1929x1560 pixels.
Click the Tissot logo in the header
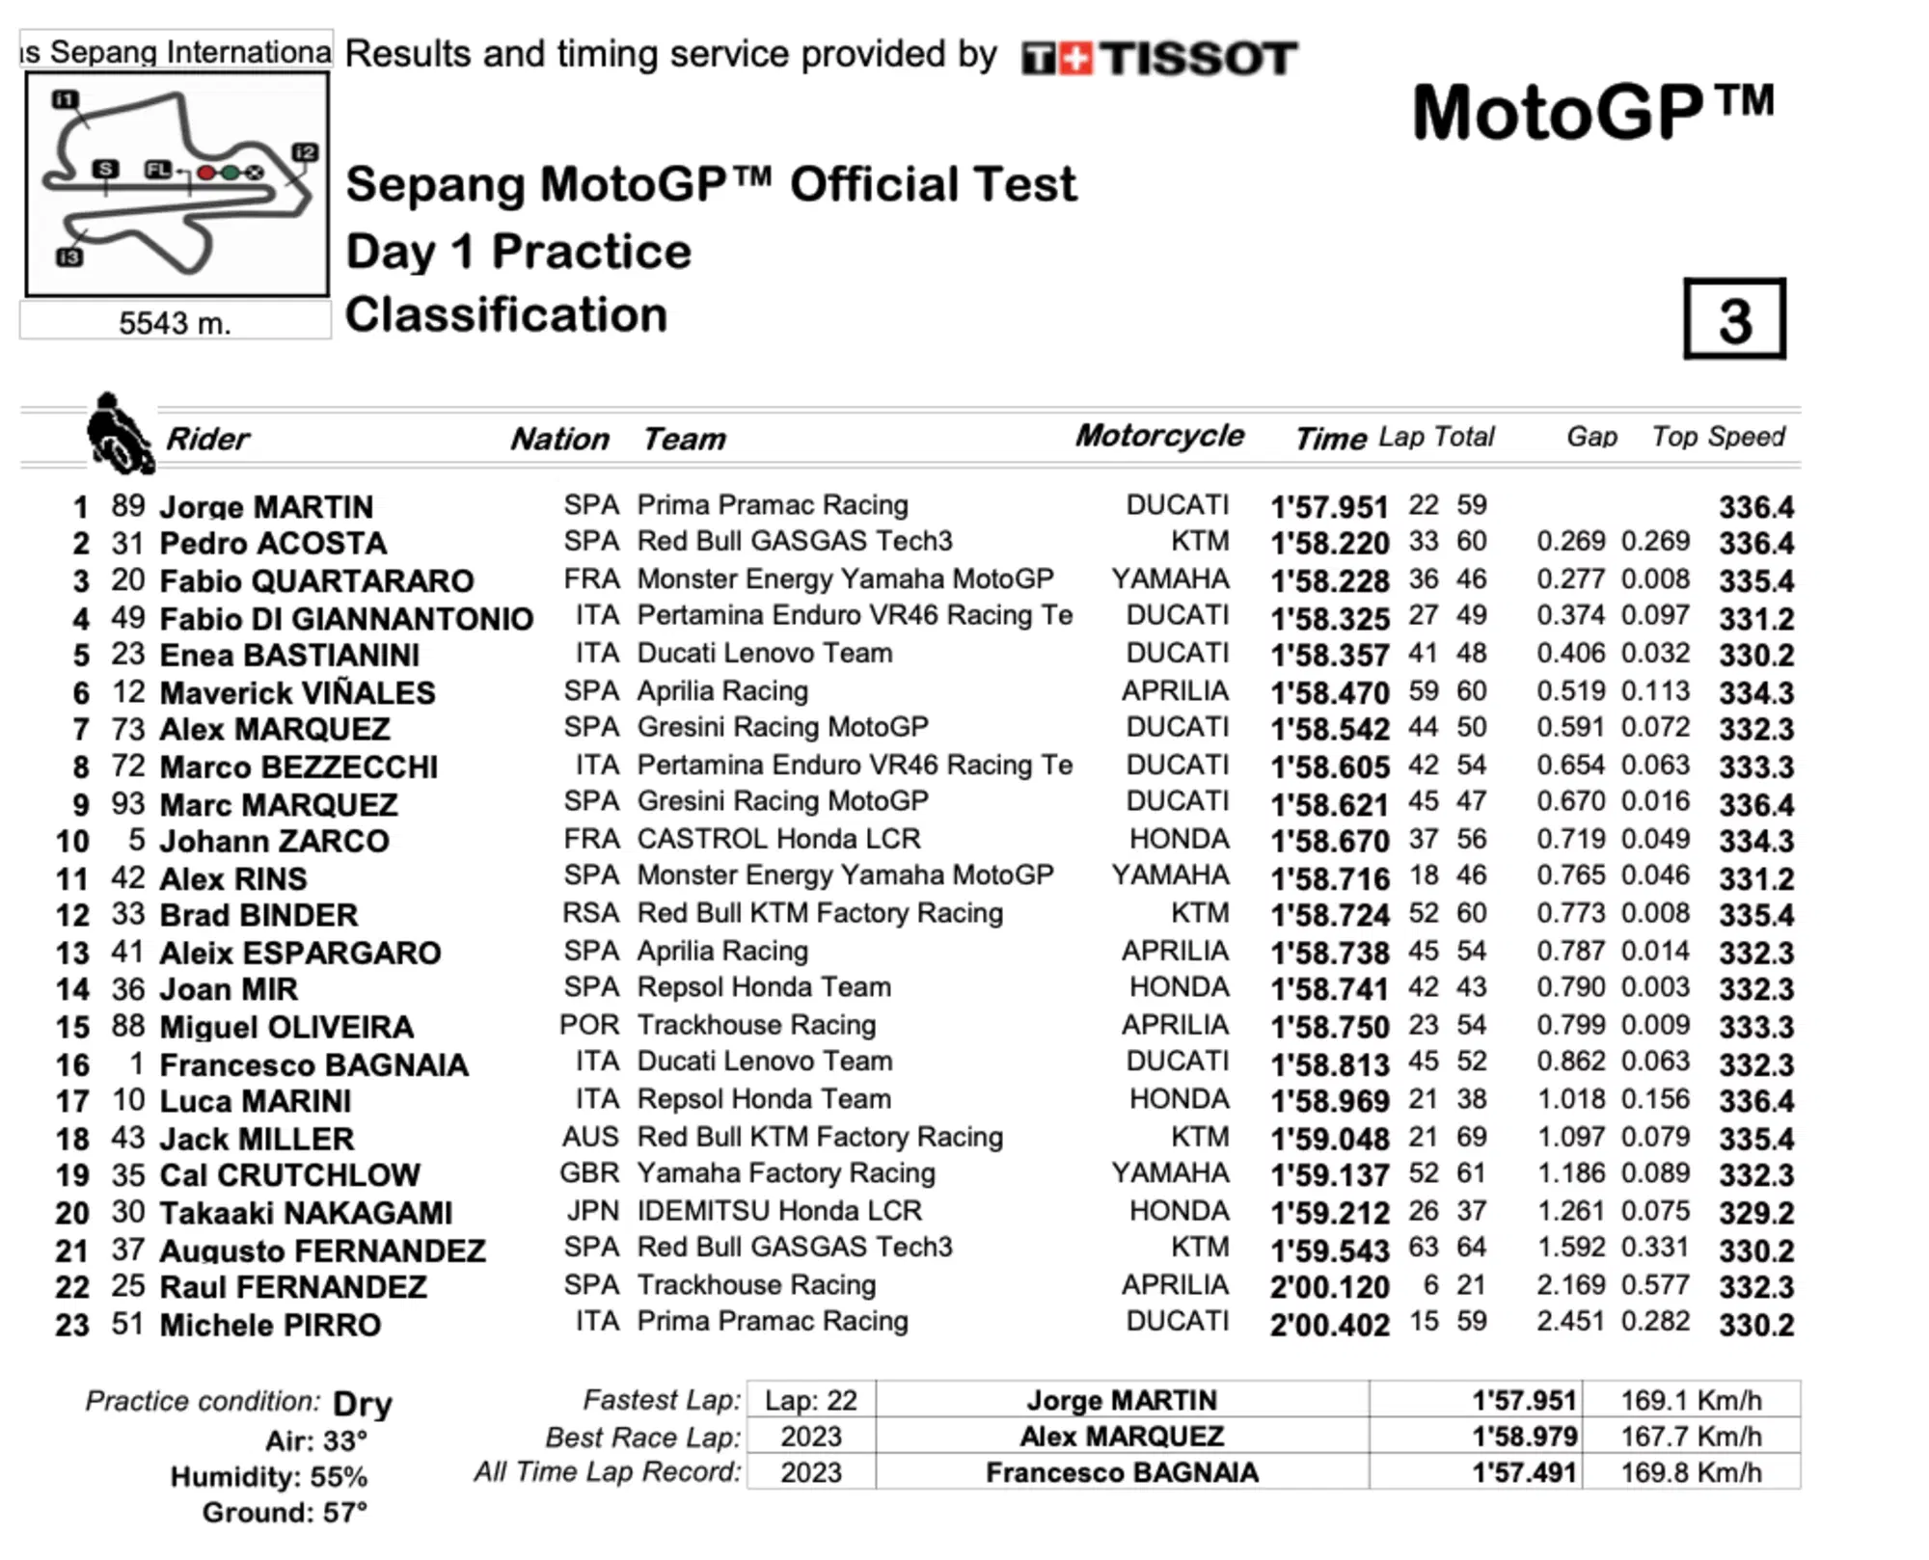[x=1158, y=59]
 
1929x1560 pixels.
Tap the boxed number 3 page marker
[x=1734, y=320]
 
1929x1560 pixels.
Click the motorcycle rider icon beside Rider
[x=118, y=435]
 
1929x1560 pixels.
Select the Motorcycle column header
[x=1159, y=436]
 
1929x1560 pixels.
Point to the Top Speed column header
[x=1718, y=437]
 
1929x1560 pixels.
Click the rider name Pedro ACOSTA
[x=273, y=544]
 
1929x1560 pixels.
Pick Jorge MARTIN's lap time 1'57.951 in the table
[x=1329, y=507]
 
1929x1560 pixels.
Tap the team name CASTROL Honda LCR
[x=778, y=840]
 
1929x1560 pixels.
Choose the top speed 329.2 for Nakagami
[x=1755, y=1213]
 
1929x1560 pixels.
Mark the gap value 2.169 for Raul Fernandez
[x=1570, y=1286]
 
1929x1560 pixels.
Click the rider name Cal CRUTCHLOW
[x=289, y=1175]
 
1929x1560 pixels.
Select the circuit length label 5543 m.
[x=175, y=323]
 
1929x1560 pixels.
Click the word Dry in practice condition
[x=363, y=1404]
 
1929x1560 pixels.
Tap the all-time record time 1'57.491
[x=1524, y=1473]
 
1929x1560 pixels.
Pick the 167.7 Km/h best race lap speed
[x=1691, y=1437]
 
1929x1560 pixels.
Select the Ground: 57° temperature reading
[x=285, y=1512]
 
